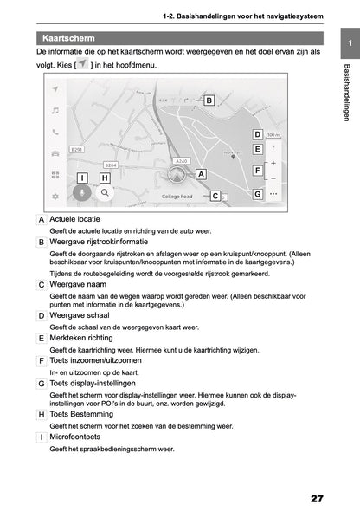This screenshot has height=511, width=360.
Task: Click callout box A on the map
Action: [x=201, y=174]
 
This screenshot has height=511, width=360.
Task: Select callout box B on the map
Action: [x=209, y=100]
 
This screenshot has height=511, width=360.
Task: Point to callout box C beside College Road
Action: [x=215, y=197]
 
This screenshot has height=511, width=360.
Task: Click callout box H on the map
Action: [x=105, y=178]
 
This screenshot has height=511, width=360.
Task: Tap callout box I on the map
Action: [x=81, y=178]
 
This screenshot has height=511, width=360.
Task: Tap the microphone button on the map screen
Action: [x=81, y=195]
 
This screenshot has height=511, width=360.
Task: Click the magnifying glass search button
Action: [x=106, y=195]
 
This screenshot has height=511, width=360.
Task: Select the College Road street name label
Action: [x=177, y=197]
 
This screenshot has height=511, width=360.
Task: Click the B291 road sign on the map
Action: [x=76, y=149]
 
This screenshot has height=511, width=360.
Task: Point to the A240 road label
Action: [x=181, y=161]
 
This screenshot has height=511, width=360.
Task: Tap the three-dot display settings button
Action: [x=273, y=195]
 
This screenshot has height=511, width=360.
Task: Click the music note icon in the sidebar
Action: [x=55, y=111]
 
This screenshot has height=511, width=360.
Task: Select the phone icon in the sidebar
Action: [x=55, y=132]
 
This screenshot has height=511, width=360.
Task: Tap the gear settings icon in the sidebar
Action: [x=55, y=196]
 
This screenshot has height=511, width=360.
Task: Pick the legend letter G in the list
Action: [x=42, y=383]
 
